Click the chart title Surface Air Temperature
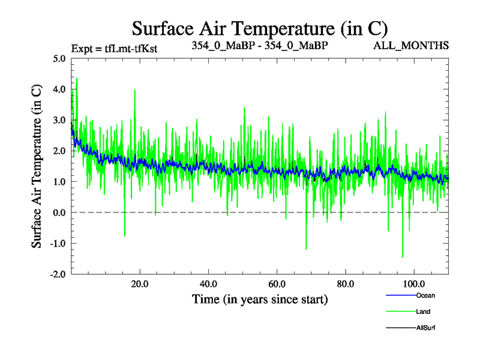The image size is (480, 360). (260, 28)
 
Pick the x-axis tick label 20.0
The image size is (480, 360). (140, 284)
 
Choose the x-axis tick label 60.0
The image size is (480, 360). (277, 284)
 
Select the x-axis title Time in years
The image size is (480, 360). (259, 299)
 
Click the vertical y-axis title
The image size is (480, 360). (37, 166)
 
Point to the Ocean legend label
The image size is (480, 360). (425, 295)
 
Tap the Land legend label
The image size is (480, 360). (423, 311)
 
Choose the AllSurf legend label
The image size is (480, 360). (425, 328)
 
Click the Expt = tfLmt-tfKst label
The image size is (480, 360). (114, 49)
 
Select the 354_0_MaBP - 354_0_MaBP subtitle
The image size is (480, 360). (260, 46)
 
